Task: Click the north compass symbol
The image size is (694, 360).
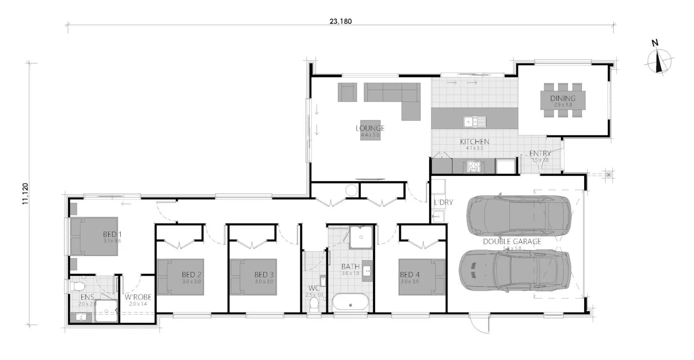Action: [x=660, y=61]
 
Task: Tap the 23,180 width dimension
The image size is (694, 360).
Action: [x=341, y=21]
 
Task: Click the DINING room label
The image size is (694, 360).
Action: [x=563, y=98]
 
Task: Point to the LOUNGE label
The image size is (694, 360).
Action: [x=370, y=129]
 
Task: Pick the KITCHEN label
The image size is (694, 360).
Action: [x=474, y=142]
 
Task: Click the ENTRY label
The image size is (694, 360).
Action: [x=540, y=154]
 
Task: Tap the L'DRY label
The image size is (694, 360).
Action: [x=443, y=202]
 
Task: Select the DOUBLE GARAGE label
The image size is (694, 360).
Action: [x=512, y=241]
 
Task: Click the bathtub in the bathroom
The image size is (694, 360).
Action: [x=350, y=302]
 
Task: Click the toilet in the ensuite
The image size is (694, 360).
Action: [x=78, y=286]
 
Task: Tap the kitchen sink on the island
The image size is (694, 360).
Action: [x=474, y=121]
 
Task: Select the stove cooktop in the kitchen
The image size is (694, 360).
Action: [x=473, y=166]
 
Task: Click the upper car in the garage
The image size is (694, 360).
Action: [x=519, y=215]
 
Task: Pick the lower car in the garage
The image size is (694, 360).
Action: [x=515, y=270]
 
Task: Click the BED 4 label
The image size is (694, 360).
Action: [x=409, y=274]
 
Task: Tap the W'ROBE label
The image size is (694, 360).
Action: [x=137, y=297]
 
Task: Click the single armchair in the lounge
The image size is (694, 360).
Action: [x=347, y=92]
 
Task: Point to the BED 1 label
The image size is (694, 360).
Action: [x=112, y=234]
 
